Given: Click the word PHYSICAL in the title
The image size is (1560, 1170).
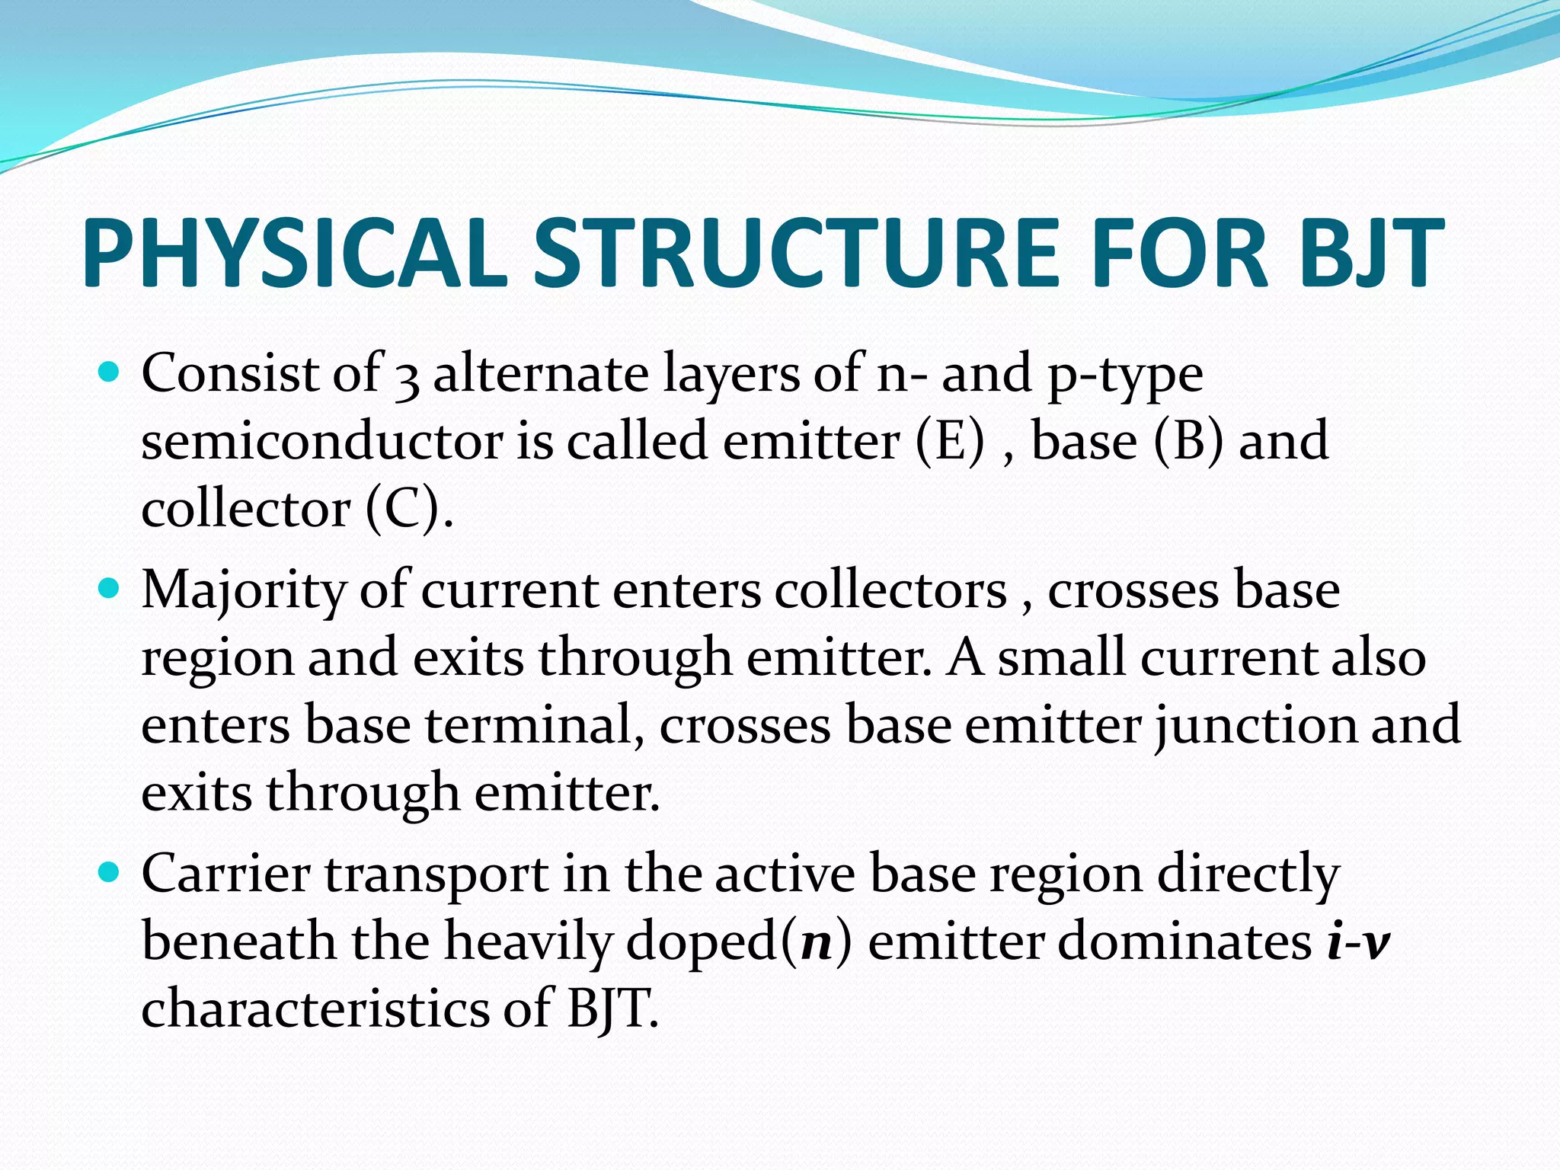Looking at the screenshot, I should pos(293,254).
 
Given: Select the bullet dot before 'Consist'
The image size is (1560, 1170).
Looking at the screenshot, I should pos(110,372).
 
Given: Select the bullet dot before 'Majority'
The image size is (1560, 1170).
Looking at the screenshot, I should pos(110,589).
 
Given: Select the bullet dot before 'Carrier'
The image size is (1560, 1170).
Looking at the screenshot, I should pos(110,872).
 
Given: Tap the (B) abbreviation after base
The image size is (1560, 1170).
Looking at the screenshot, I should pos(1188,442).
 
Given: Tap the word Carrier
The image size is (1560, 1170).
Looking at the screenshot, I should pos(225,874).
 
